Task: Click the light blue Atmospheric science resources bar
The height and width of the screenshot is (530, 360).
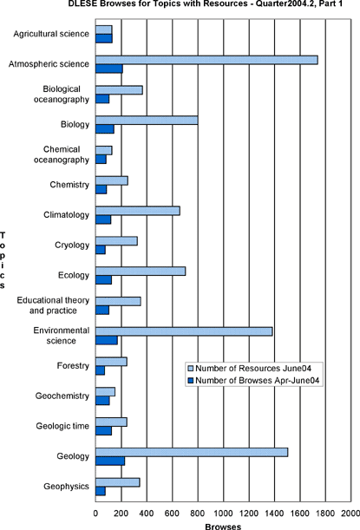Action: [x=206, y=60]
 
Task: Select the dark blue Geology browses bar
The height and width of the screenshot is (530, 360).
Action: [x=110, y=461]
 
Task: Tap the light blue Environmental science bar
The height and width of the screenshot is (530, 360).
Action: [x=184, y=331]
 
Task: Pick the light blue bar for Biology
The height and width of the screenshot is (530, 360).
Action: [x=147, y=121]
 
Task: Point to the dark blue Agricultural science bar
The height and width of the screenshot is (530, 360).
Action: [x=104, y=38]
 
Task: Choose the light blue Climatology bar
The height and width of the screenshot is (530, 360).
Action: [x=138, y=211]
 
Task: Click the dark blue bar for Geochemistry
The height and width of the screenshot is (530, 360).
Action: [x=102, y=401]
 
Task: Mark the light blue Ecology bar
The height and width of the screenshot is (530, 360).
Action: [x=141, y=272]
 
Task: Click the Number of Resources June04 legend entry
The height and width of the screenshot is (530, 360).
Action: [x=250, y=368]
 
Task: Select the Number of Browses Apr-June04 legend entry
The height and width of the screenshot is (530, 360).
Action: [x=253, y=380]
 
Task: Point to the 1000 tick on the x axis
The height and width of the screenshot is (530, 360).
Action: [x=224, y=514]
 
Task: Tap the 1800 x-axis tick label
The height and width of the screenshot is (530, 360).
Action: [x=325, y=514]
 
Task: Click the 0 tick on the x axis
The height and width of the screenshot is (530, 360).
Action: [x=95, y=514]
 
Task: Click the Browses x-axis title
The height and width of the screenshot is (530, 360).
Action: [x=223, y=527]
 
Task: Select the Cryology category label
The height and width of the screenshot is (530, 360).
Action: [x=72, y=245]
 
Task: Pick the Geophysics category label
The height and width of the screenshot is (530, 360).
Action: [x=66, y=487]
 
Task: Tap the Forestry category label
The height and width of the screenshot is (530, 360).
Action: [x=73, y=366]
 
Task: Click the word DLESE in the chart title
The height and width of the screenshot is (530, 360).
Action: [x=80, y=3]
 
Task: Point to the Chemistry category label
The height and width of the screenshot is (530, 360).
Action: [x=69, y=185]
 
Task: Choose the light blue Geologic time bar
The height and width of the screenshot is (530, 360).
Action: [x=111, y=422]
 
